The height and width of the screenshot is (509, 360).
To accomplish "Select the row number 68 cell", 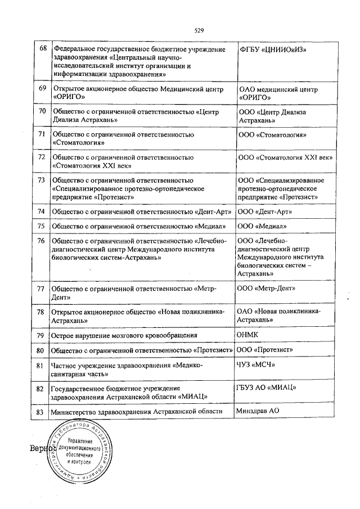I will (x=42, y=49).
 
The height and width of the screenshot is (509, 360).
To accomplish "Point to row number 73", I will (x=41, y=181).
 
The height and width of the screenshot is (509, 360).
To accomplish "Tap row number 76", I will (x=41, y=241).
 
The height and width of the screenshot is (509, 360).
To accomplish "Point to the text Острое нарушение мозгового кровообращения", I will (x=124, y=335).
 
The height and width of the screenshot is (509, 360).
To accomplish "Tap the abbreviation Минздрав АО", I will (x=258, y=411).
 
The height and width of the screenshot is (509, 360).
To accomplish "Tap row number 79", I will (x=40, y=335).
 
